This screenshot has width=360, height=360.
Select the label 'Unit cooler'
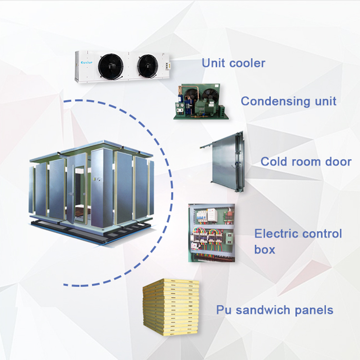pos(233,63)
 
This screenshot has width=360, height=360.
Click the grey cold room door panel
pos(223,162)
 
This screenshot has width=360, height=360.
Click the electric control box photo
pos(211,233)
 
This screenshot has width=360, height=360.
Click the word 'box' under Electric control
pos(265,249)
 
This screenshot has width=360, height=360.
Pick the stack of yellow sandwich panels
pos(171,306)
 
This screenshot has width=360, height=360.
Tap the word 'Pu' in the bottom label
pos(223,310)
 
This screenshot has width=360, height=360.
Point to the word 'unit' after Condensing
pos(324,101)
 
